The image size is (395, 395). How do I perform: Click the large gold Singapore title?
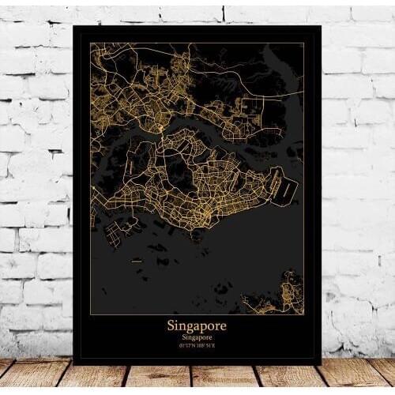point(197,325)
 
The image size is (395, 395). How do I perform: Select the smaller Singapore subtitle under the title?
point(197,337)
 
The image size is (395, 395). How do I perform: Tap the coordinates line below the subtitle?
point(197,345)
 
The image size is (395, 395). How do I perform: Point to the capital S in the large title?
point(171,325)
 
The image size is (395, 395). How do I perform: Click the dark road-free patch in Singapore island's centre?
point(175,170)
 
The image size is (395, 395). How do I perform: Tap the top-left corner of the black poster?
point(73,26)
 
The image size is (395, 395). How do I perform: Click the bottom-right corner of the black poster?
point(321,363)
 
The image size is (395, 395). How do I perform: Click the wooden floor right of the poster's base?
point(355,375)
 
